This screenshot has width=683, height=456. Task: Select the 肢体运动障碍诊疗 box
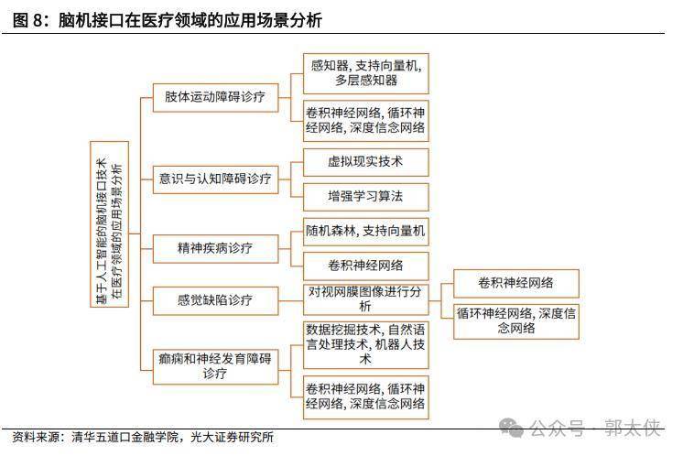click(x=215, y=96)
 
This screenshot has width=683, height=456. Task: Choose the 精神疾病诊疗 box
click(x=215, y=247)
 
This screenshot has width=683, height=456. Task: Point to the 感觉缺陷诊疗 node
click(x=215, y=299)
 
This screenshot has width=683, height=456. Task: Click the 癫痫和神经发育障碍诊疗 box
click(x=215, y=365)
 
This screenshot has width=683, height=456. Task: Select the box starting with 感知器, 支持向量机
click(x=365, y=72)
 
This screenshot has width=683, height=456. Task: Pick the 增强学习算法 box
click(x=365, y=195)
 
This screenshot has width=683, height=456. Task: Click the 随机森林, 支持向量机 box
click(x=365, y=231)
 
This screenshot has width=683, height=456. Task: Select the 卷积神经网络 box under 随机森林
click(x=365, y=266)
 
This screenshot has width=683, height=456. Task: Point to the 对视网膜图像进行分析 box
click(x=365, y=299)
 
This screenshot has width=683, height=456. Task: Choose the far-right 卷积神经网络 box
click(x=515, y=282)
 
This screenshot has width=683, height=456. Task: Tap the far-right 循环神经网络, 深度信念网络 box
click(x=515, y=320)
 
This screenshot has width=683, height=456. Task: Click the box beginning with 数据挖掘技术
click(x=365, y=344)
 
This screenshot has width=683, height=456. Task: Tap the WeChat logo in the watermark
click(x=511, y=428)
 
